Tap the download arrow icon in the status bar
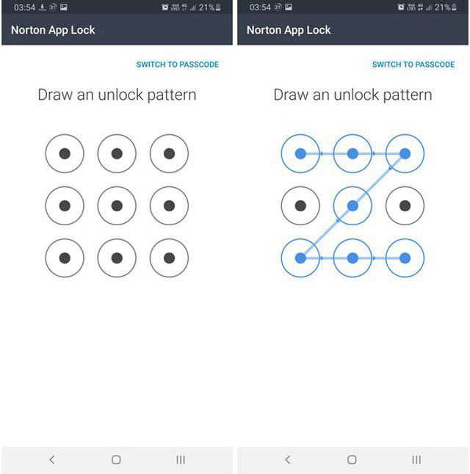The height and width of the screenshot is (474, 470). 42,7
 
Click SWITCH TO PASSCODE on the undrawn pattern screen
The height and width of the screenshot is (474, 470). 178,65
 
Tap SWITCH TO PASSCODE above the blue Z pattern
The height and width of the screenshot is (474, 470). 413,65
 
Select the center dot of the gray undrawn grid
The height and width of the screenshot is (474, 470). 117,206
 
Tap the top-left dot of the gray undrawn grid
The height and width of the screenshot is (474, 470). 65,153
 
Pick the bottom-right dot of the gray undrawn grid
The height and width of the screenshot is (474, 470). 169,258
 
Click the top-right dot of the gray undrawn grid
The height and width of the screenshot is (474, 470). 169,153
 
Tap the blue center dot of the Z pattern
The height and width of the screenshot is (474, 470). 352,206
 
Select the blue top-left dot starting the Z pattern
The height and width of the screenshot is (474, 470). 300,153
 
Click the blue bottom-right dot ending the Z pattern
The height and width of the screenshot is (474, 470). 405,258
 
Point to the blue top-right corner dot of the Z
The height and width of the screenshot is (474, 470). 405,153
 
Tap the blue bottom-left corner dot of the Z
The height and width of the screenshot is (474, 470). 300,258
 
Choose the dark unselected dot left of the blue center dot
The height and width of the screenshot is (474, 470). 300,206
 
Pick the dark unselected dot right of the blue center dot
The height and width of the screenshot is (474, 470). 405,206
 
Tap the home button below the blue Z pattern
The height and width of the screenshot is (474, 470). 352,460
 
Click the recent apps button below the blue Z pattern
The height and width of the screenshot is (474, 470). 416,460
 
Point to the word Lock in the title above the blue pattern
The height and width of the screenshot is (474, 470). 319,30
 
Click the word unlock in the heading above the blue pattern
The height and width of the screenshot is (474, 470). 356,95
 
